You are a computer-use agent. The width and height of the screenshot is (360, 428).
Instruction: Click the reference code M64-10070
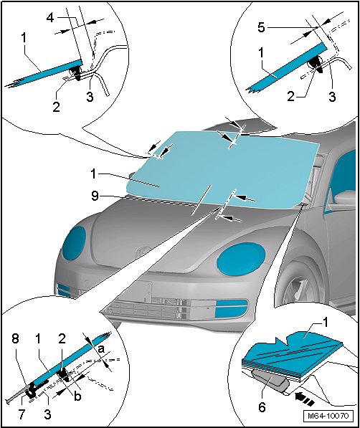point(328,416)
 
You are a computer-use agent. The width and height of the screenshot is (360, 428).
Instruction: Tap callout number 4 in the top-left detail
point(50,18)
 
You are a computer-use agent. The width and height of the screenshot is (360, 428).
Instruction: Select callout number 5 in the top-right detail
point(262,27)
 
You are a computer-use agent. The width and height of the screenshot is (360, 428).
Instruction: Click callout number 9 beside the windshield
point(95,196)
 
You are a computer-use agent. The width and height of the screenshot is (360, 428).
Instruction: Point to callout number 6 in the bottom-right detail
point(262,407)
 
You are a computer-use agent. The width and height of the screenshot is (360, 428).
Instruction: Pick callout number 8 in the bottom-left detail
point(15,339)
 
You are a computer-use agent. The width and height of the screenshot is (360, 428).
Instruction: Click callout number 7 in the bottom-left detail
point(22,414)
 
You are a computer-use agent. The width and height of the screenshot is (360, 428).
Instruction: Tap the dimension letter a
point(101,349)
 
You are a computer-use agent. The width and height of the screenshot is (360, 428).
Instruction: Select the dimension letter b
point(78,396)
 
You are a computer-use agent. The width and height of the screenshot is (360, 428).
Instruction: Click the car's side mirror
point(345,197)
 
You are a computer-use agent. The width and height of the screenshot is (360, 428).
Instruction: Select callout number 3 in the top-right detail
point(332,97)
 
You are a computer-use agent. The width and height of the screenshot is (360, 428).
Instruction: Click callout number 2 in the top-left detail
point(56,106)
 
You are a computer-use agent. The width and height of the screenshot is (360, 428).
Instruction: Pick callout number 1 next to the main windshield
point(94,173)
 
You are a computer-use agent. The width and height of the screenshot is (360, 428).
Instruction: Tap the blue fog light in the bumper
point(232,308)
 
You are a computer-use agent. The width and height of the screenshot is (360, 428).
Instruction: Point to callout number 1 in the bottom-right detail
point(325,323)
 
